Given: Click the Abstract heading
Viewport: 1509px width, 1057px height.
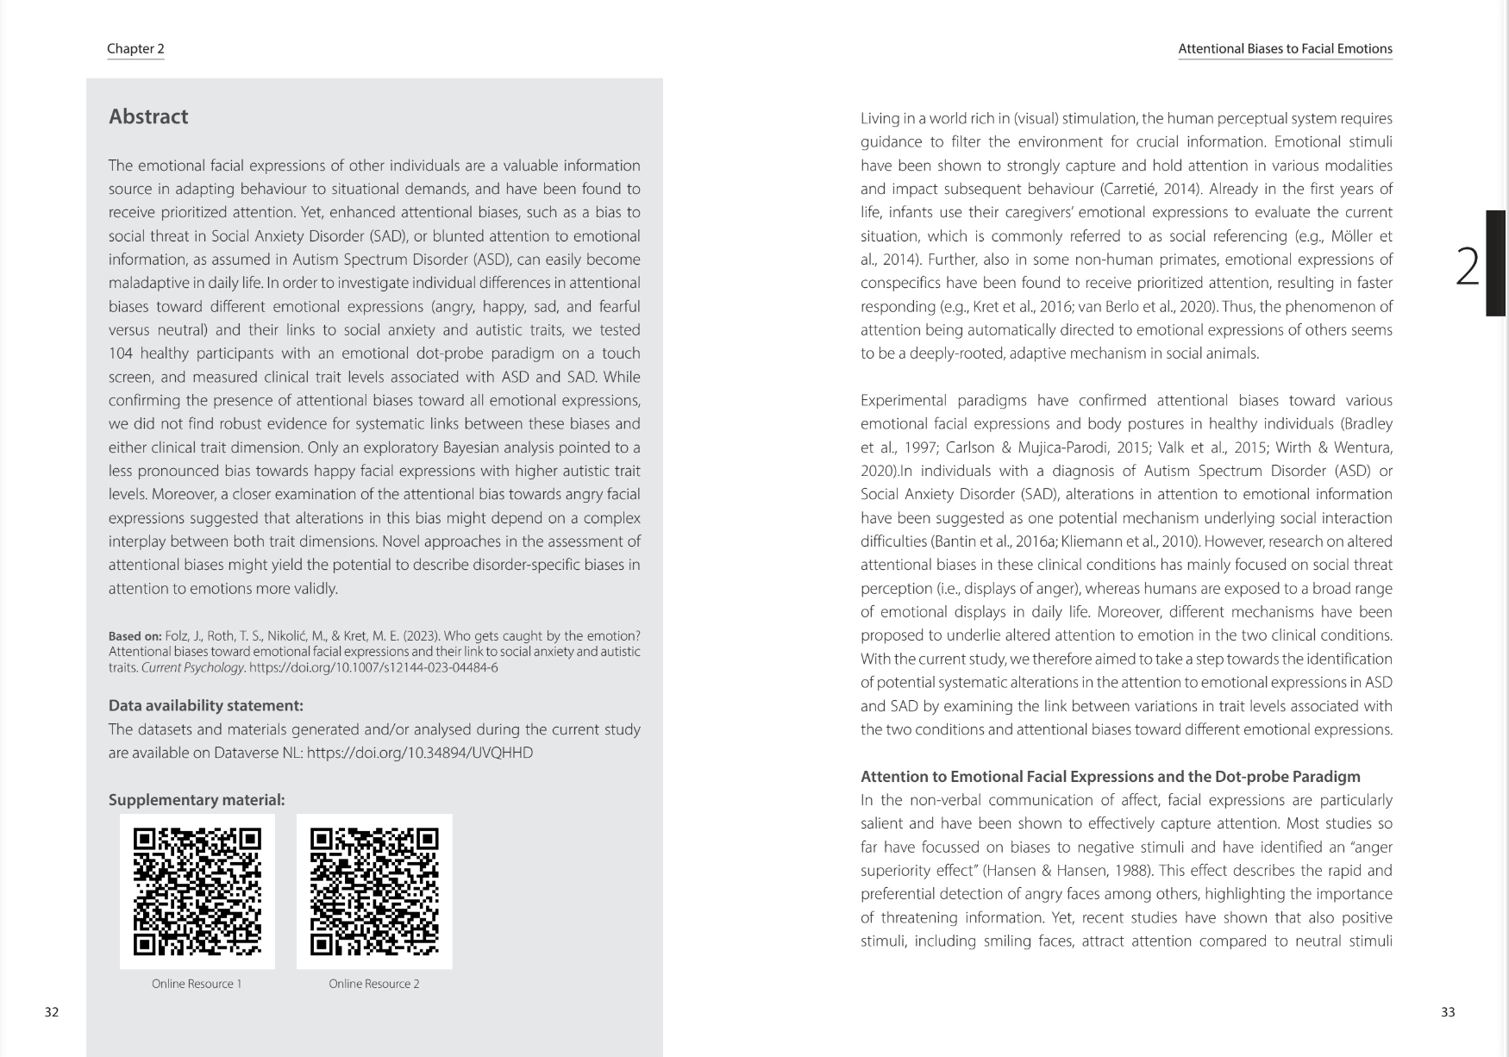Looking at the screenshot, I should pos(148,117).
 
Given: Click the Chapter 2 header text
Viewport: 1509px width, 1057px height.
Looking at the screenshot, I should pos(135,49).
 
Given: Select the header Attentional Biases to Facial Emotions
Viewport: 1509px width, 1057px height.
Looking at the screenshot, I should pos(1285,49).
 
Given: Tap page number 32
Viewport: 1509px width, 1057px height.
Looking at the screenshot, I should pos(52,1012).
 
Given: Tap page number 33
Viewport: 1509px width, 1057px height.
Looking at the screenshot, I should pos(1448,1012).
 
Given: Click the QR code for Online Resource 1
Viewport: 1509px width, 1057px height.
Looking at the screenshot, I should pos(197,891).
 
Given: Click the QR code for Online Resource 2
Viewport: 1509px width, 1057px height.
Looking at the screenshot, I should pos(374,891).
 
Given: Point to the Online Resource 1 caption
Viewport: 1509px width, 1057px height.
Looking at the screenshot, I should pos(197,984).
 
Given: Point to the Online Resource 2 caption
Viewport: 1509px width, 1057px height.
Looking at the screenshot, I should pos(373,984).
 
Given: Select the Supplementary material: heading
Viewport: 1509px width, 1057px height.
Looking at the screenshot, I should pos(197,800).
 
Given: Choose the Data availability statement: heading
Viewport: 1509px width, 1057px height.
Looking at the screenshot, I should pos(206,706).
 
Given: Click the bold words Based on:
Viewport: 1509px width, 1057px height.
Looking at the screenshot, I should pos(135,636).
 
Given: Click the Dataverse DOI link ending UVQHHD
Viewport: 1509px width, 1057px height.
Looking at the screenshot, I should pos(420,753).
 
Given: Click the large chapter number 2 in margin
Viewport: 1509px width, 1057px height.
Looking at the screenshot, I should pos(1467,266).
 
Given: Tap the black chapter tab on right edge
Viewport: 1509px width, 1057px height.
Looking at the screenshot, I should pos(1496,263).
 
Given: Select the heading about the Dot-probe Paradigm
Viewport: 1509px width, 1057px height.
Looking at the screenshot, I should pos(1110,777).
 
